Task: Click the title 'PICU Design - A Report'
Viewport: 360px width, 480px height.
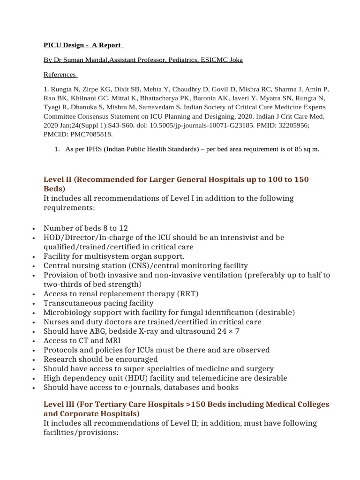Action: point(83,45)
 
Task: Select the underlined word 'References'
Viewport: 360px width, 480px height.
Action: point(60,74)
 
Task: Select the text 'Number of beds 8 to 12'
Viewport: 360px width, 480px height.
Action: point(85,228)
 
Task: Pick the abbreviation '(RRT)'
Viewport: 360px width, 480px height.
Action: point(187,294)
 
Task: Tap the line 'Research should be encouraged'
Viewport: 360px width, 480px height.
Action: point(100,360)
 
